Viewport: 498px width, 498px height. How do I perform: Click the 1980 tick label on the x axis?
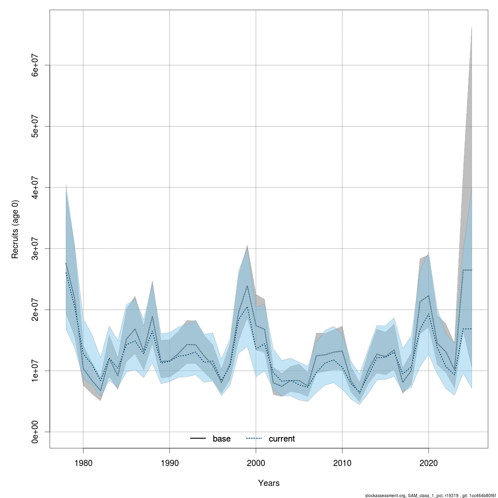click(x=83, y=463)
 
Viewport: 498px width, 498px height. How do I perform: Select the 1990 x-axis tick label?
click(x=169, y=463)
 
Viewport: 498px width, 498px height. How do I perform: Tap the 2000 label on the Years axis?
click(x=256, y=463)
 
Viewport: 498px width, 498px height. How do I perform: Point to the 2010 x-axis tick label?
click(x=342, y=463)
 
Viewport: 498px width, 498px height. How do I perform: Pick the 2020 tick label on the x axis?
click(x=428, y=463)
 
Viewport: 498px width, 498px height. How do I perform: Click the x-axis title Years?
click(x=269, y=483)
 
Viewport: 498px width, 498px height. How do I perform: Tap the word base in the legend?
click(x=222, y=439)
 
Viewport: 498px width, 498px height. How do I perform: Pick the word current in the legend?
click(x=282, y=439)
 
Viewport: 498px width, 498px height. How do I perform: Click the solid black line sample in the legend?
click(x=198, y=439)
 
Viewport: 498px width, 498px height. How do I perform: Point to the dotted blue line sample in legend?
click(x=254, y=439)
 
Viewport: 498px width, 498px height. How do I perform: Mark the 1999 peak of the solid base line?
click(x=247, y=286)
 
